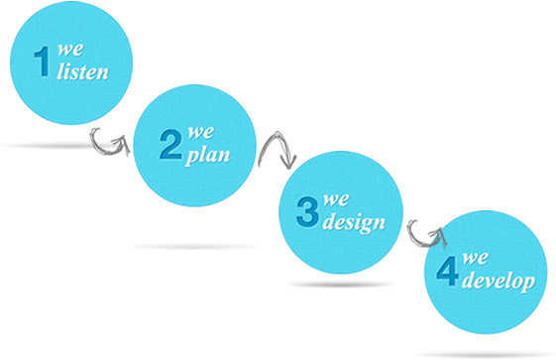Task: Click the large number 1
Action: (42, 62)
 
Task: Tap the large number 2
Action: (171, 147)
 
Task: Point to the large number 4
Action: (447, 272)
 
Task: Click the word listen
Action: (82, 72)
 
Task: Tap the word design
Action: (354, 222)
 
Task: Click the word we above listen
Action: (68, 49)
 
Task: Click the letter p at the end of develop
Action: (528, 286)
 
